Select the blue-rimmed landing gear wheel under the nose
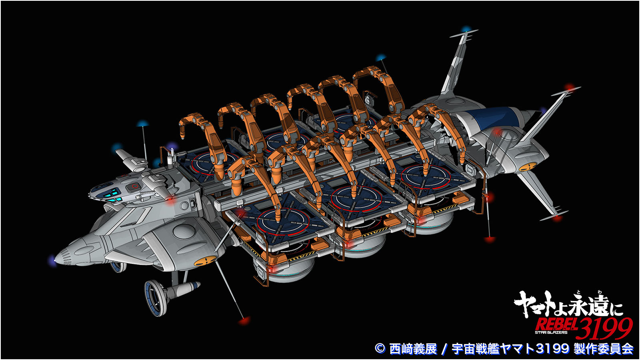point(156,298)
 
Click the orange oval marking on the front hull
point(206,260)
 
